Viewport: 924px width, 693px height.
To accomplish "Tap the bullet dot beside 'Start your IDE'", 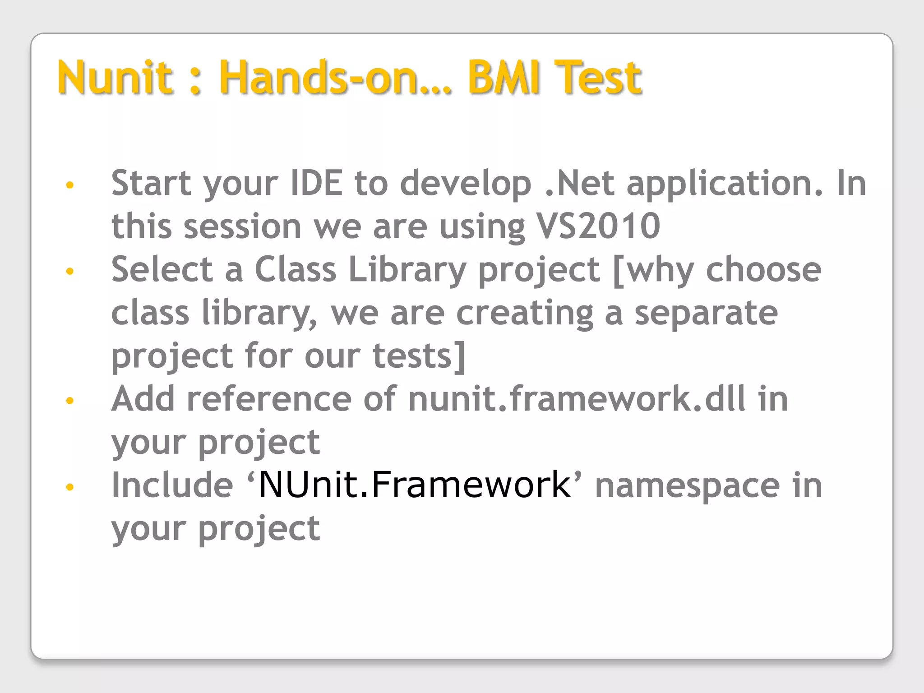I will (x=69, y=185).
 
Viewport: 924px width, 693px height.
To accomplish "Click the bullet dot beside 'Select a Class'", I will (x=69, y=271).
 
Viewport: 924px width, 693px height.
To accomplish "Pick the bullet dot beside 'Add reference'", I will (x=69, y=401).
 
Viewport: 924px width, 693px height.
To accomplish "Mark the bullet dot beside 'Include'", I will (x=69, y=487).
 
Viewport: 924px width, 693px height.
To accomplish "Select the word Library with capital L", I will (x=407, y=269).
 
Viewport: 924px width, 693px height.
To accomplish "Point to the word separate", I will (x=706, y=313).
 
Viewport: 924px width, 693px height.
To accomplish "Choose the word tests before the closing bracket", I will (x=413, y=356).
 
